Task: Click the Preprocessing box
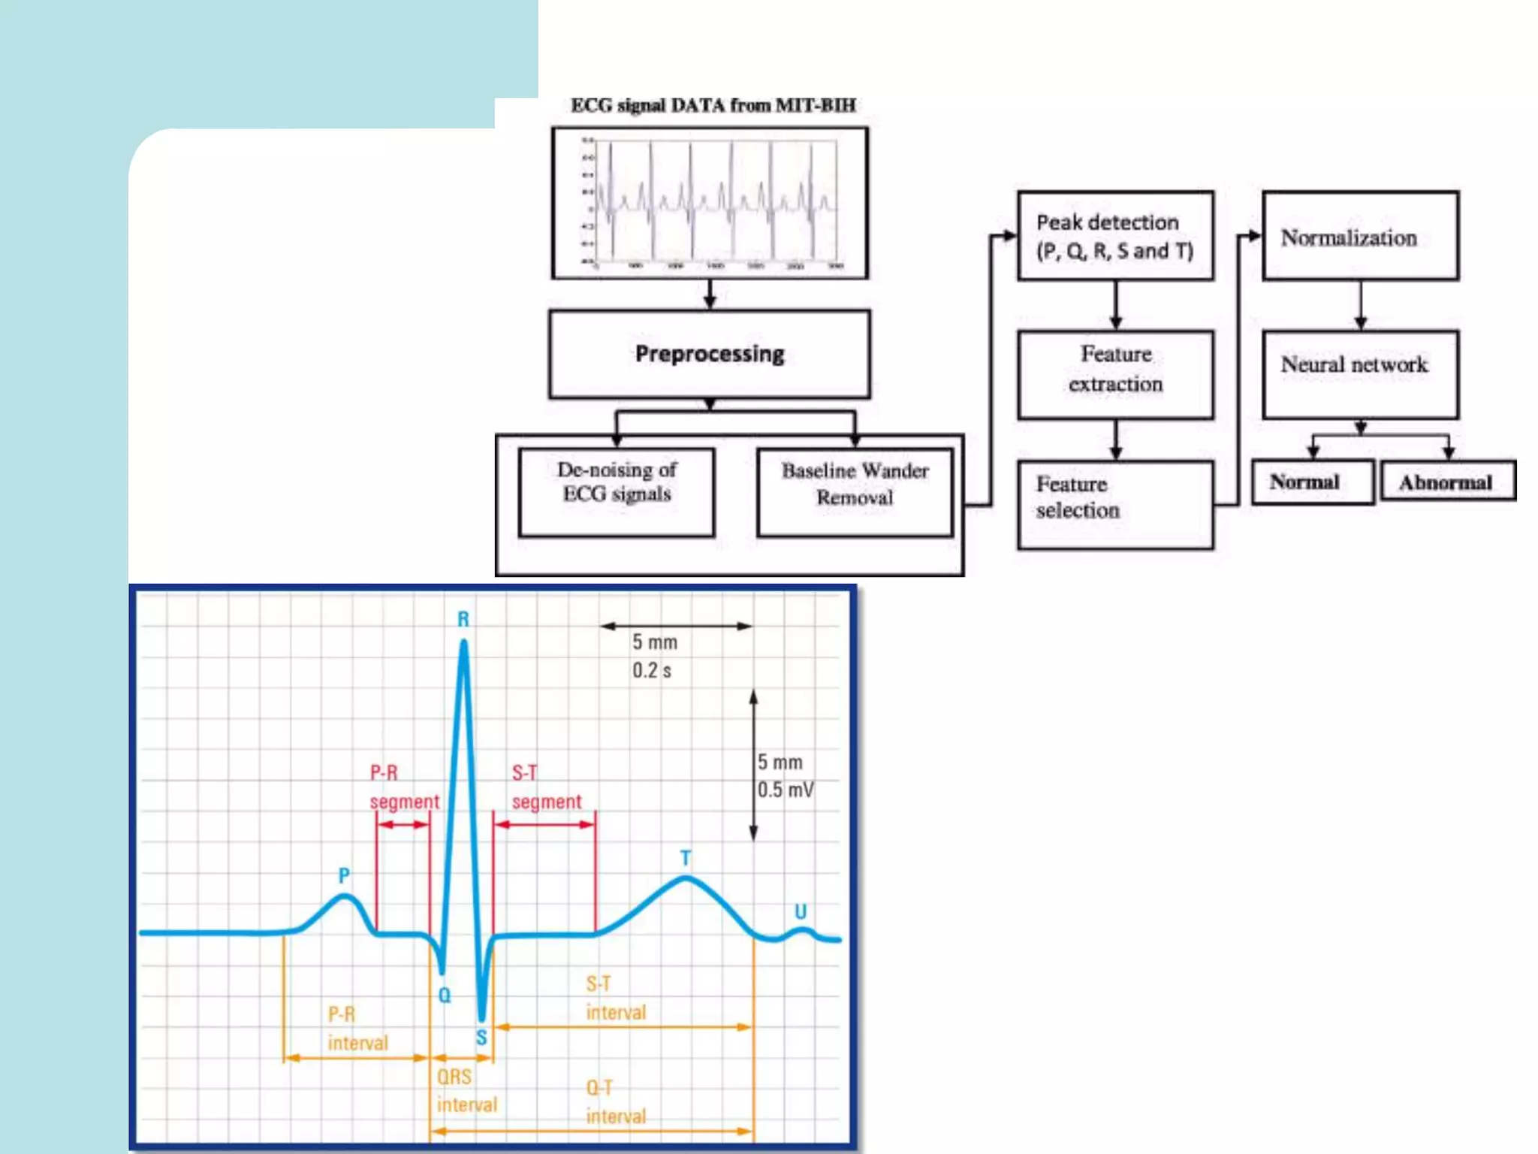(710, 354)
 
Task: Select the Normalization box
(1360, 237)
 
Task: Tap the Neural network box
(1360, 374)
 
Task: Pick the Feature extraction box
(1115, 374)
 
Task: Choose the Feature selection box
(1115, 504)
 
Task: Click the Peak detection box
(1115, 236)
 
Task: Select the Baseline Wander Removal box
(855, 491)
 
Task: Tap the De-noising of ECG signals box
(617, 491)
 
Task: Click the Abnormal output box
(1447, 482)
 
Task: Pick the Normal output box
(1312, 482)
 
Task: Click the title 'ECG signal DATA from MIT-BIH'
(713, 105)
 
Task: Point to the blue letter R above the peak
(463, 619)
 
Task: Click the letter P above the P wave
(344, 875)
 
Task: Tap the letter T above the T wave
(686, 858)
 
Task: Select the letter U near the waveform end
(801, 911)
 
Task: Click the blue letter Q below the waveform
(445, 995)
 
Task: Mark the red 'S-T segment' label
(546, 787)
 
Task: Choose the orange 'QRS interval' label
(466, 1091)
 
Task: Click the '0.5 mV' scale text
(785, 790)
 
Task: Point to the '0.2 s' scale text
(651, 670)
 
